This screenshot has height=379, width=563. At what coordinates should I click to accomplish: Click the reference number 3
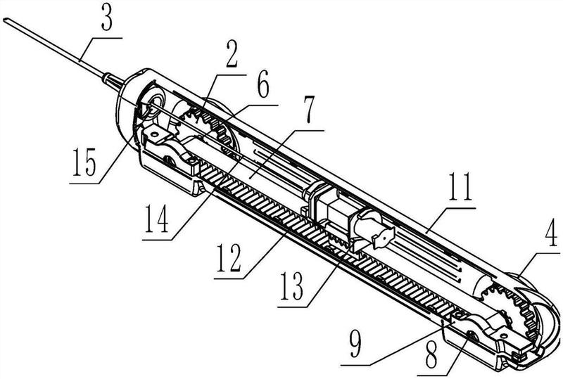pos(107,20)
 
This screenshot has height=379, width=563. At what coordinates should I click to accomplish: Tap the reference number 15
pos(84,163)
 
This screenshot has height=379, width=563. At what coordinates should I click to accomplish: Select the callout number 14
pos(156,219)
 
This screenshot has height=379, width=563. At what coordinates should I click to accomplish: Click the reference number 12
pos(229,259)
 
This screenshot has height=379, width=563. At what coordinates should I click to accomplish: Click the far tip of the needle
pos(4,20)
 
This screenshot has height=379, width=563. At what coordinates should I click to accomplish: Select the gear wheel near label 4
pos(510,308)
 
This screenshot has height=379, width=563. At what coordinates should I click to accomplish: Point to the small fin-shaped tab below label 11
pos(384,237)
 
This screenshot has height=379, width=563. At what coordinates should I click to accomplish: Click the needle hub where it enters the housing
pos(112,81)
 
